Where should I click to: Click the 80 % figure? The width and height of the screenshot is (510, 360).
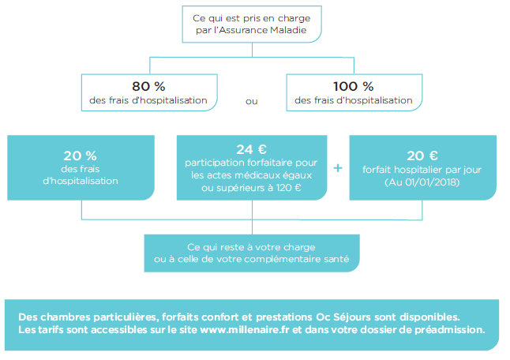[x=148, y=87]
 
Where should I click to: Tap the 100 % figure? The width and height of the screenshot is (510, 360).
[x=353, y=87]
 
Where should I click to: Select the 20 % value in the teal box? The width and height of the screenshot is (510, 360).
[x=80, y=156]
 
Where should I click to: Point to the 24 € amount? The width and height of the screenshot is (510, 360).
[x=251, y=149]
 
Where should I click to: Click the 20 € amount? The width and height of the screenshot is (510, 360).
[x=422, y=156]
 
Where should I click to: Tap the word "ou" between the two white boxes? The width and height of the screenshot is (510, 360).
[x=251, y=102]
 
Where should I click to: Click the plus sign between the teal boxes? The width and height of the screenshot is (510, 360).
[x=338, y=168]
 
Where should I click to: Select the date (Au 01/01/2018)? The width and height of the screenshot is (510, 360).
[x=422, y=182]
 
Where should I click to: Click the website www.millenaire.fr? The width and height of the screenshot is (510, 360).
[x=245, y=330]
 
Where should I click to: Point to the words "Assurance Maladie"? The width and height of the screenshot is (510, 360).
[x=263, y=30]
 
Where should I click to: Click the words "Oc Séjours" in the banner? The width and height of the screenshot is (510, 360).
[x=343, y=317]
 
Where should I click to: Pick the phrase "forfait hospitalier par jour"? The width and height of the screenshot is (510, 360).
[x=422, y=170]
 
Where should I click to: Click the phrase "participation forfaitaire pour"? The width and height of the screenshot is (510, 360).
[x=251, y=163]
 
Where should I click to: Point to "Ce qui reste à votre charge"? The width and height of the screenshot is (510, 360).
[x=251, y=247]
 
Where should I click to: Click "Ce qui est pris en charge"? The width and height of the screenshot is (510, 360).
[x=251, y=18]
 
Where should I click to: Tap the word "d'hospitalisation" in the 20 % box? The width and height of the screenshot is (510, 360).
[x=81, y=181]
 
